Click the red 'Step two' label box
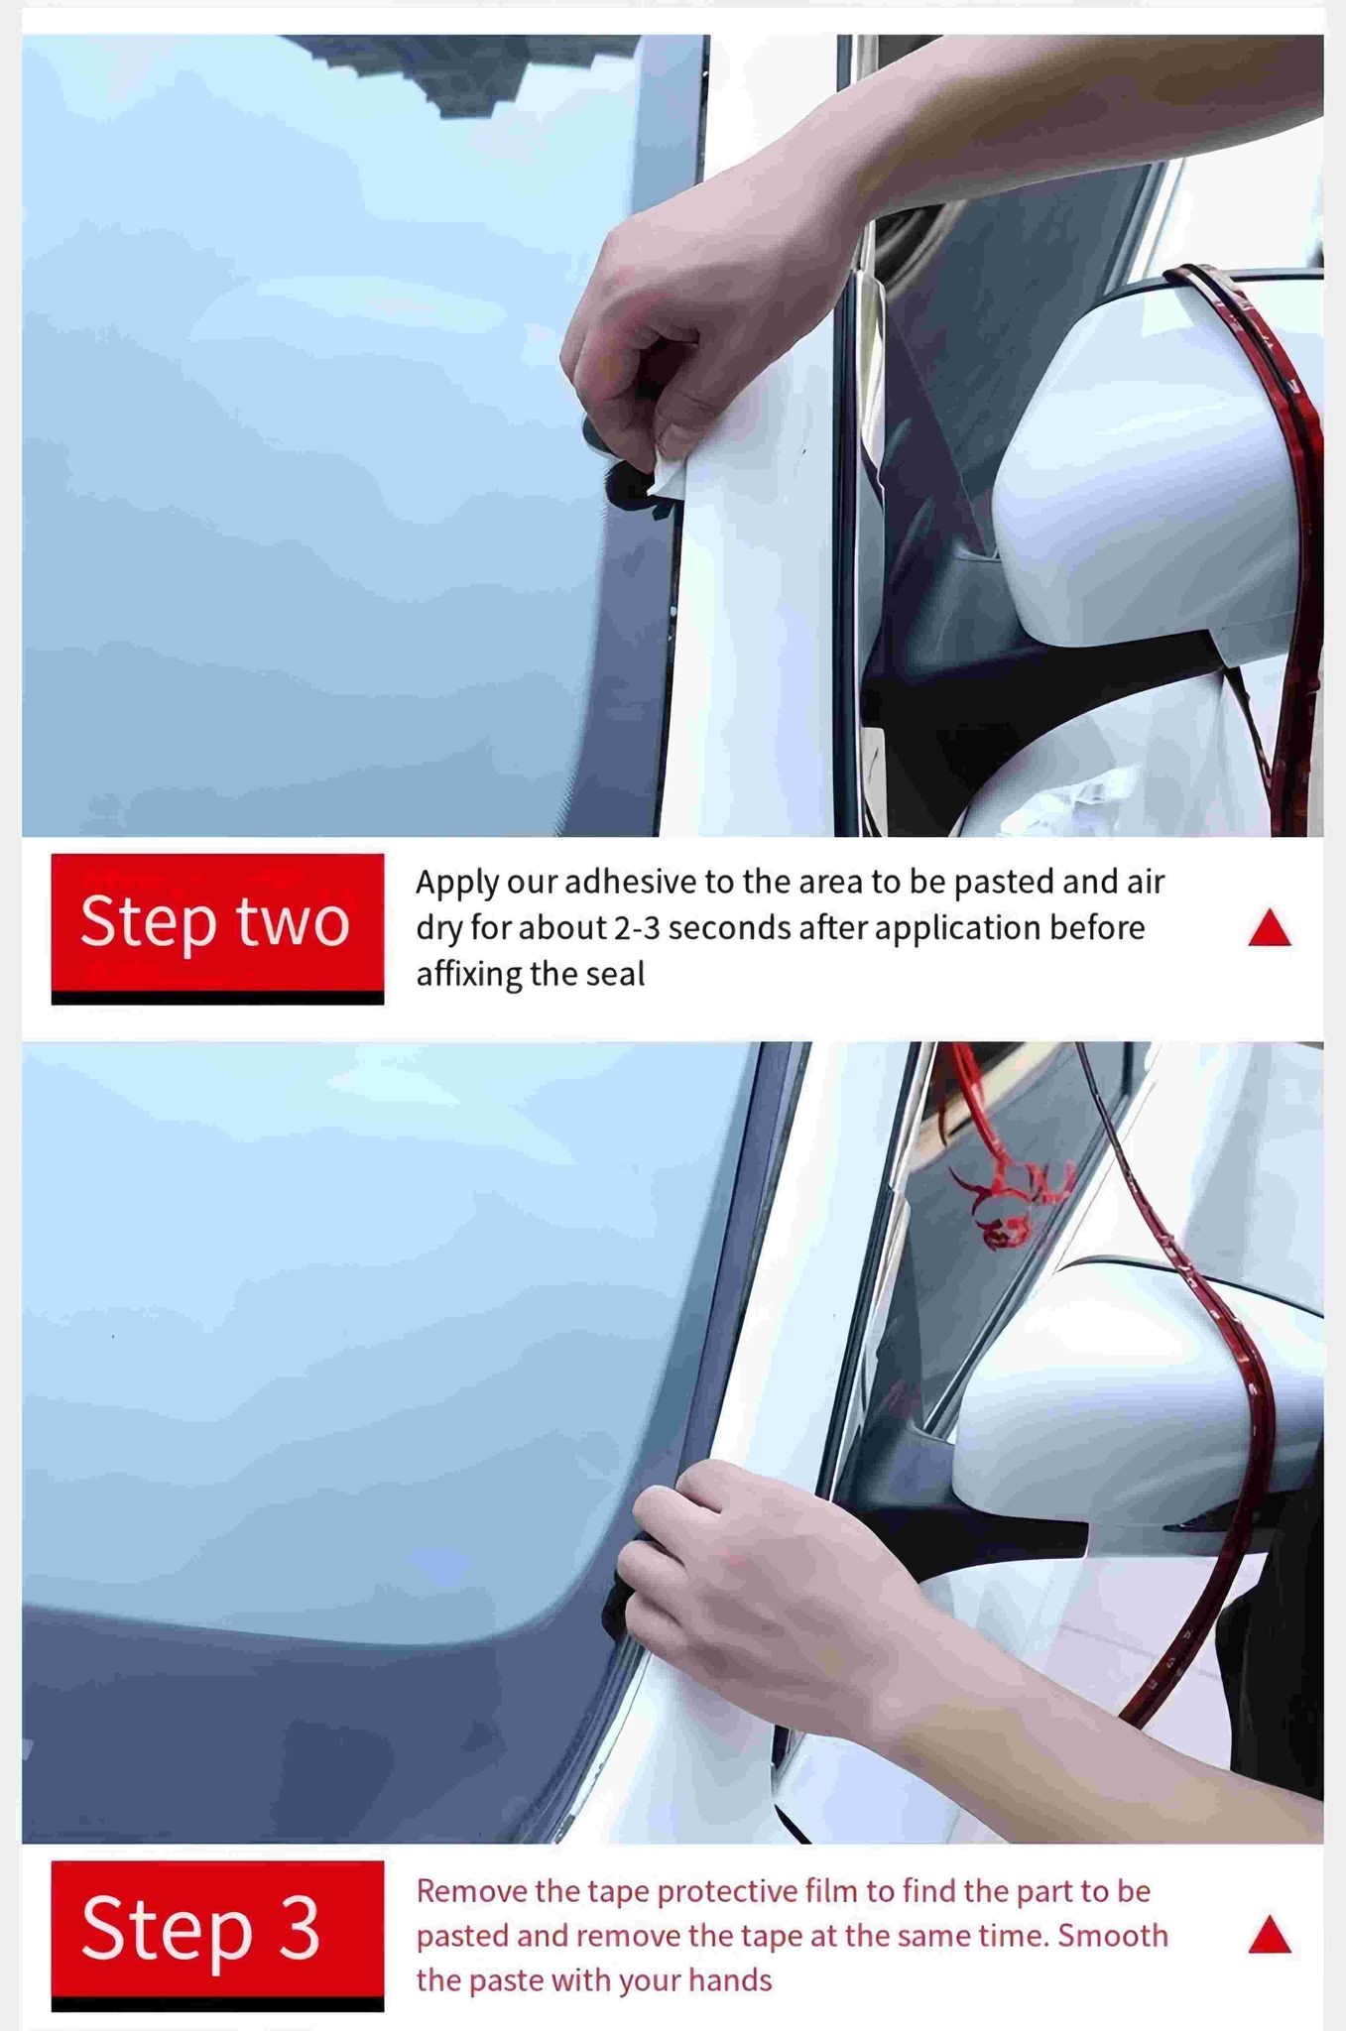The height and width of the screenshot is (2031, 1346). (x=217, y=922)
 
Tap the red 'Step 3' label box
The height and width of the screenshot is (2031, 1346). (x=217, y=1929)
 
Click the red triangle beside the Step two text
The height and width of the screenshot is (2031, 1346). (x=1270, y=928)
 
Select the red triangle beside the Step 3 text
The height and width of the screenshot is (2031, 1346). (x=1270, y=1935)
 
